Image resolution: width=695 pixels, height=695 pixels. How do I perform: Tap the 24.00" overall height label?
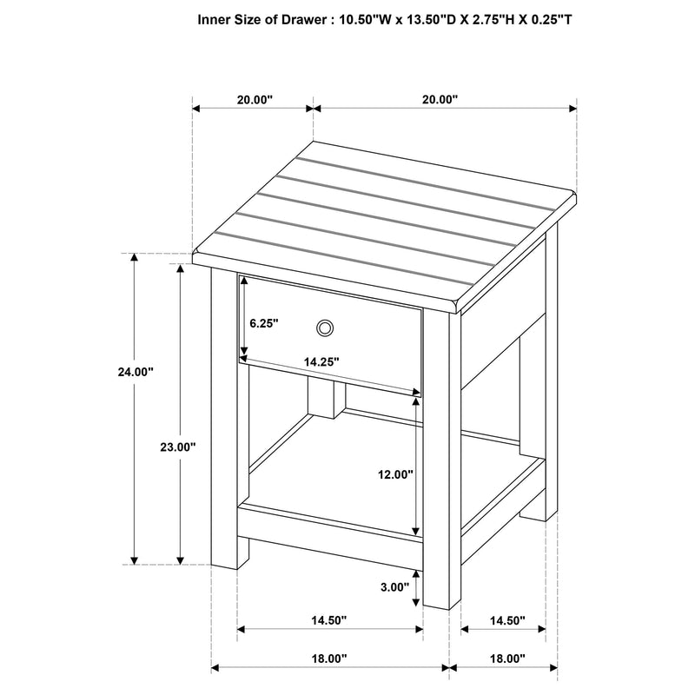coord(136,372)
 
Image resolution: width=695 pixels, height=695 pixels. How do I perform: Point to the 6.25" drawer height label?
coord(263,323)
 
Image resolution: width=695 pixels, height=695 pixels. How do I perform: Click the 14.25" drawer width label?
coord(321,361)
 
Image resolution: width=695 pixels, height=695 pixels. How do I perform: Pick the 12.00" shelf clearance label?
coord(394,474)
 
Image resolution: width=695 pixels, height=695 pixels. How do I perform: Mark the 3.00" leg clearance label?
coord(394,587)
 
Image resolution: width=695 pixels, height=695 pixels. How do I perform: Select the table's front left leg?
coord(224,417)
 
